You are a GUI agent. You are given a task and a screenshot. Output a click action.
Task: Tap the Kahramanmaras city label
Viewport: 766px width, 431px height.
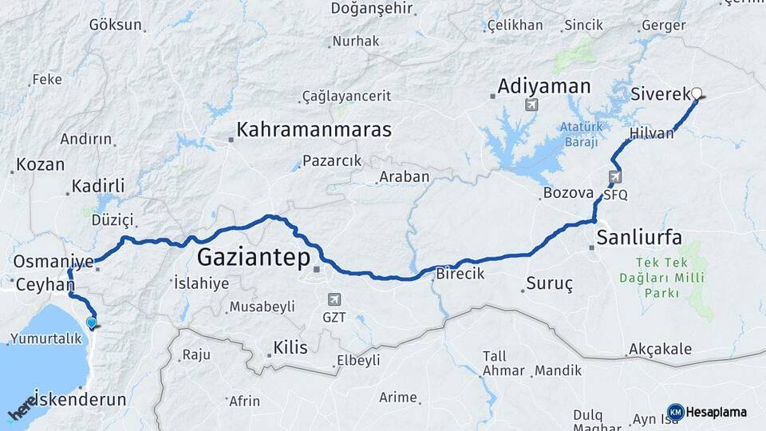314,130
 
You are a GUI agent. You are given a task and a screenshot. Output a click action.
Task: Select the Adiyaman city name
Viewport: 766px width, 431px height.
544,86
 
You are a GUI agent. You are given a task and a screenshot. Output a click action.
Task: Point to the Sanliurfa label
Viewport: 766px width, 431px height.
639,237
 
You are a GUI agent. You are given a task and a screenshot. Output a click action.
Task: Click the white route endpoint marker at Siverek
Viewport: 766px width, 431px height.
697,93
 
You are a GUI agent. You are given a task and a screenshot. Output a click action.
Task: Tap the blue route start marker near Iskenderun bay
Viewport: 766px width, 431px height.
92,323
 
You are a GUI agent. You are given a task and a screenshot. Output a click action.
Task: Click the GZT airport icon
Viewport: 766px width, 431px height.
334,299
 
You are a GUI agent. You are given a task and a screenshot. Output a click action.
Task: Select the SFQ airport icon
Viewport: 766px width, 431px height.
614,177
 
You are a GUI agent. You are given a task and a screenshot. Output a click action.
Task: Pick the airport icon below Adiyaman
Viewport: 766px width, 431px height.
532,105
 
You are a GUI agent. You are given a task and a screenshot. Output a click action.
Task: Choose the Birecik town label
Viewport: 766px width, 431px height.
460,273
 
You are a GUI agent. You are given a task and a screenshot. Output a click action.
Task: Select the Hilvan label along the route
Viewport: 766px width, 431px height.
651,133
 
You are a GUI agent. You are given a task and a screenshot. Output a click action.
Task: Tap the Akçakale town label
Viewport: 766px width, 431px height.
660,350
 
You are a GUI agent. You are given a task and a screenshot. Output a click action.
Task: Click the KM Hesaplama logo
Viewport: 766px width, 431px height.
707,412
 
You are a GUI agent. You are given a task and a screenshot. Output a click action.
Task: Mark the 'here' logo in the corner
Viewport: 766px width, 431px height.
22,407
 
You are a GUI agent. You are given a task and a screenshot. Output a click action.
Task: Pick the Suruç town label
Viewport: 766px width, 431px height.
550,284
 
